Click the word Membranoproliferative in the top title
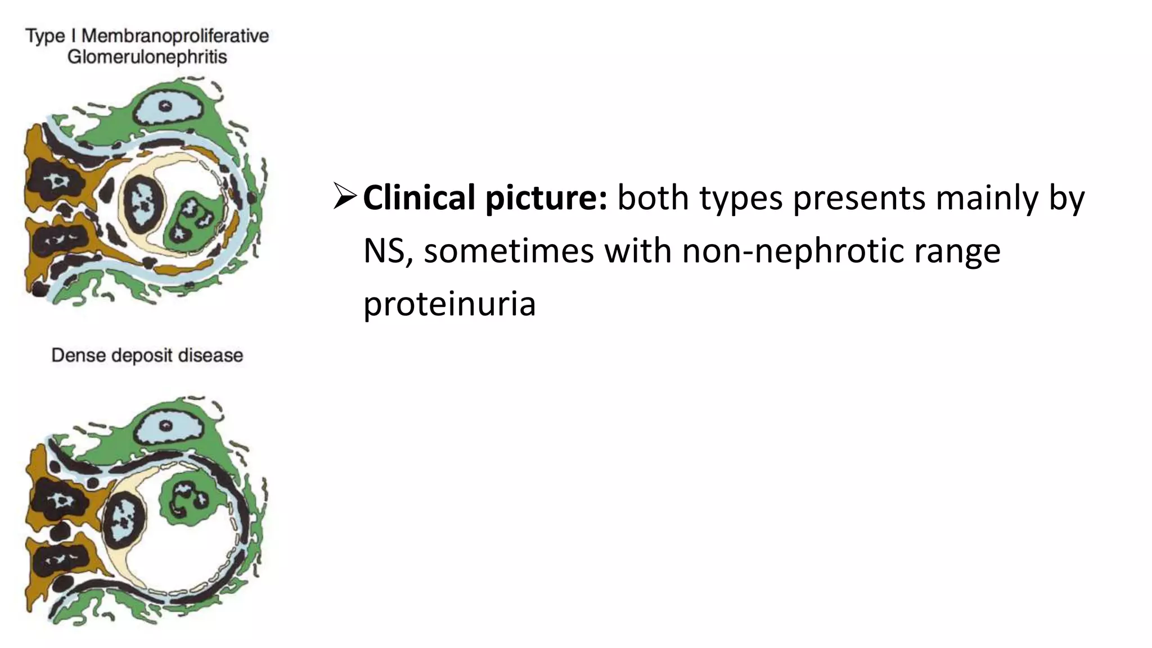(x=175, y=37)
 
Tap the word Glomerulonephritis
(x=147, y=57)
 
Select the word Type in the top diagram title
(x=45, y=37)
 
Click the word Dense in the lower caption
(x=78, y=355)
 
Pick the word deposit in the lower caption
(x=142, y=355)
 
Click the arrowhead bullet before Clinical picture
(x=344, y=196)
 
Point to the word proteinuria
(x=449, y=304)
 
